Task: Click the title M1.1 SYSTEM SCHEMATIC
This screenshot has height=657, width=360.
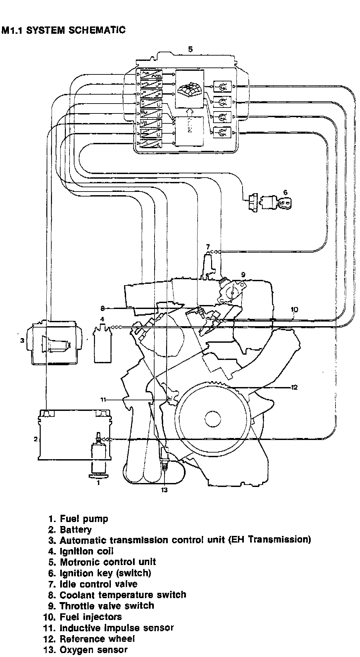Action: [x=64, y=30]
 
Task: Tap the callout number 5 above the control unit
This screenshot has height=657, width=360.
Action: [x=190, y=49]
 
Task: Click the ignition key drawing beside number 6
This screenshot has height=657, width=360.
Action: [x=284, y=203]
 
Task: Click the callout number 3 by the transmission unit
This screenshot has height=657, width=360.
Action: [x=22, y=340]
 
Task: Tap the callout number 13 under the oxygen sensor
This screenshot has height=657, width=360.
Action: [x=164, y=490]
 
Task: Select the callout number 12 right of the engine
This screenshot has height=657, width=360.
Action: [x=294, y=387]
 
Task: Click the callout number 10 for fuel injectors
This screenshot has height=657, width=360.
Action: [x=294, y=309]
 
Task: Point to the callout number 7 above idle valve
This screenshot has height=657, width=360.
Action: [x=208, y=247]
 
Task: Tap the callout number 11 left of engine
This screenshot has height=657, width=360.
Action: [x=103, y=400]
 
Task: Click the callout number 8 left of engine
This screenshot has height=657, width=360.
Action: [x=103, y=308]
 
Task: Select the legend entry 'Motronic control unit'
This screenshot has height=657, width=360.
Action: [x=108, y=562]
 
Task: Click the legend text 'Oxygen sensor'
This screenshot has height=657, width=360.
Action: [x=93, y=650]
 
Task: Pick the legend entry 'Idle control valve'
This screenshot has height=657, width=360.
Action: [x=98, y=584]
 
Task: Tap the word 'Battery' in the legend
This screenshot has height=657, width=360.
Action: [x=75, y=529]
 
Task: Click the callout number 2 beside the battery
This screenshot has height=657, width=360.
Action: [x=35, y=439]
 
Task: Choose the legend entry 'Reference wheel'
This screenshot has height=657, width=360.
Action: [x=97, y=638]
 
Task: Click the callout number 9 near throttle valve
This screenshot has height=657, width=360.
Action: [x=243, y=274]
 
